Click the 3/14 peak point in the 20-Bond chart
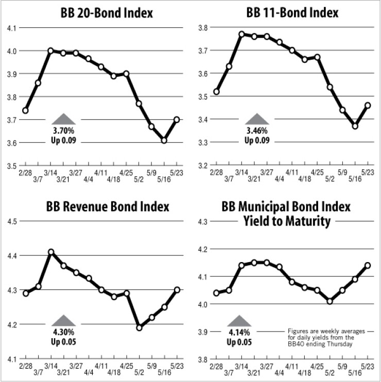[50, 50]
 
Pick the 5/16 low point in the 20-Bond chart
[164, 140]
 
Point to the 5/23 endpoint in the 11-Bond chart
[368, 105]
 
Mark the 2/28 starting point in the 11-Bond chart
[216, 92]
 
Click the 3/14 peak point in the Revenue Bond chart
[50, 252]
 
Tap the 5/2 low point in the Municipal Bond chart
[330, 301]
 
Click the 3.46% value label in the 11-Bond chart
[256, 132]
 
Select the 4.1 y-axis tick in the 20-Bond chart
[11, 28]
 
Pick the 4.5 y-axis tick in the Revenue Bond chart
[11, 221]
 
